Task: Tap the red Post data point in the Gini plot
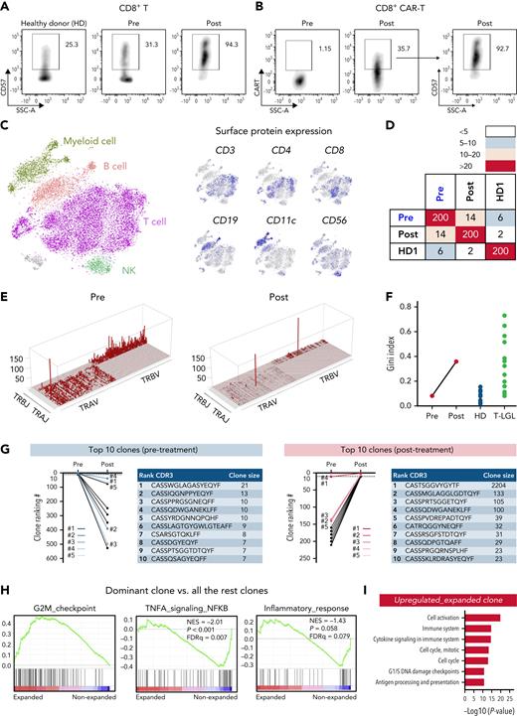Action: (x=429, y=360)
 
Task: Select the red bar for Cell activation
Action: (x=453, y=617)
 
